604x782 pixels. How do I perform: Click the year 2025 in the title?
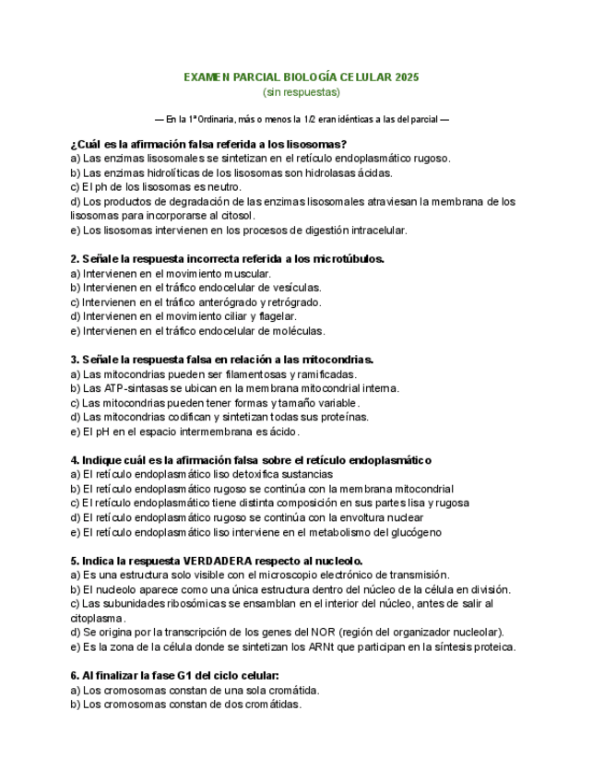point(407,77)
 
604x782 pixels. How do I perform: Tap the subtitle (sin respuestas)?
point(302,92)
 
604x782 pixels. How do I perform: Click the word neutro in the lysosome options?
point(223,187)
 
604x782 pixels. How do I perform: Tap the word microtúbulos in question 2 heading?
point(349,259)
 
